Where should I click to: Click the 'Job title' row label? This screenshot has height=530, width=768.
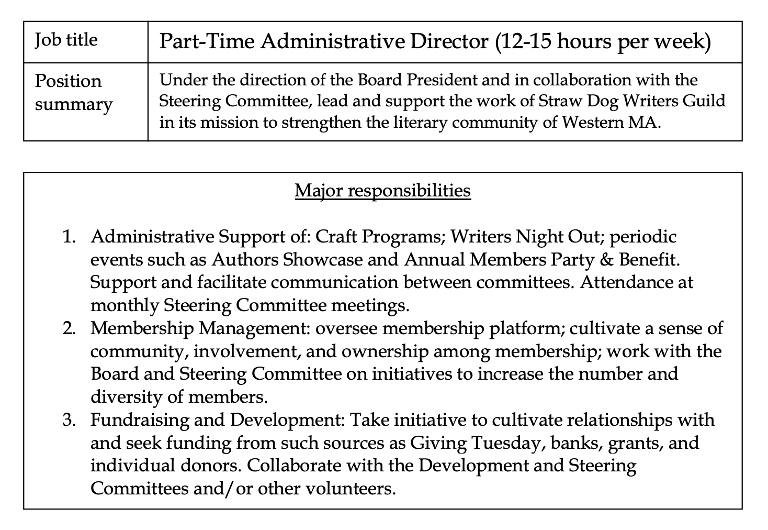click(66, 40)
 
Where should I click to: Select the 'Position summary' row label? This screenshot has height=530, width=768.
click(73, 92)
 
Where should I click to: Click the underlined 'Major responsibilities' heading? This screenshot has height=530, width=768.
click(382, 190)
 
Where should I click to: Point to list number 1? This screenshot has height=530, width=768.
click(69, 237)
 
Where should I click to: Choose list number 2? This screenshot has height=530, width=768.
click(69, 328)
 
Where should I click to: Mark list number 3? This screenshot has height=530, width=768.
click(69, 420)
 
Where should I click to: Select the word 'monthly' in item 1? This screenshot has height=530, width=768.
click(125, 305)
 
